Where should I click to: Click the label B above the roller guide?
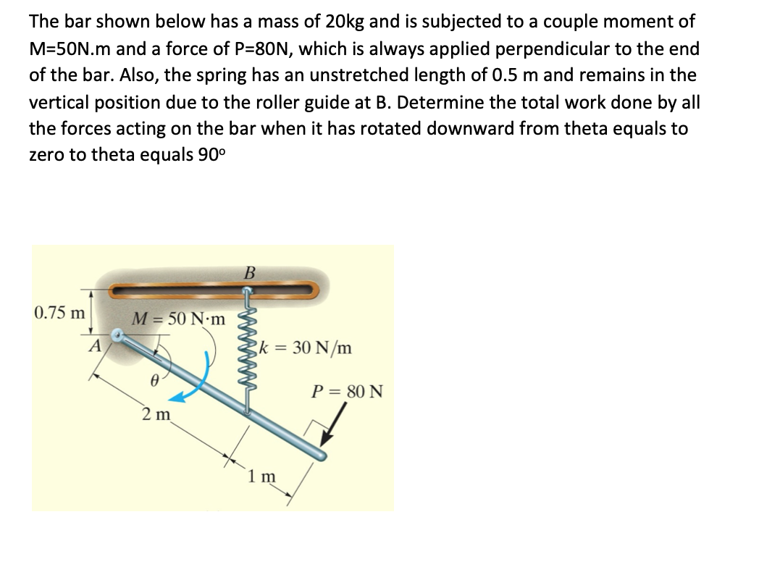click(250, 273)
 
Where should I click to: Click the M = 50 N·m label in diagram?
click(178, 319)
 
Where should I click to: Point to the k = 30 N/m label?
click(309, 348)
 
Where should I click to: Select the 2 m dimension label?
click(155, 414)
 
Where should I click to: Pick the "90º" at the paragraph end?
click(213, 156)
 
